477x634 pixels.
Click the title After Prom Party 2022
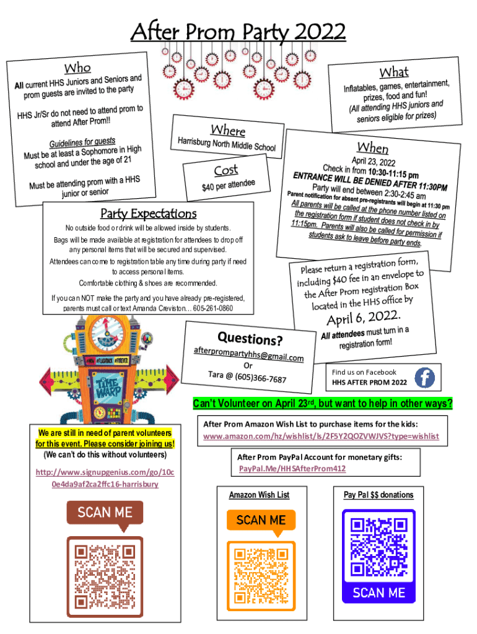pos(238,31)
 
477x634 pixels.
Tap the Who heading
pos(78,67)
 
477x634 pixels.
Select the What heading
pos(394,73)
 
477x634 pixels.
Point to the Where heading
pos(228,131)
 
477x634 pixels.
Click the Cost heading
pos(225,170)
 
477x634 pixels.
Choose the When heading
pos(372,147)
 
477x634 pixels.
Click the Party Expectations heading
pos(148,214)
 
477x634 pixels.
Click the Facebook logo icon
pos(424,377)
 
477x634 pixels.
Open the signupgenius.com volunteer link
pos(105,478)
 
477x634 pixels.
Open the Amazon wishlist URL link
pos(321,436)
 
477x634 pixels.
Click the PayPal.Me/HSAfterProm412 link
pos(292,469)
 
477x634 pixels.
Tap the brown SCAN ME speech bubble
pos(105,513)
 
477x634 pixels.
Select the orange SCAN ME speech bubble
pos(261,520)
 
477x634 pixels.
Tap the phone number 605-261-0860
pos(214,308)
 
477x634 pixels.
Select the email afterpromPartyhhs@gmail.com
pos(248,355)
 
